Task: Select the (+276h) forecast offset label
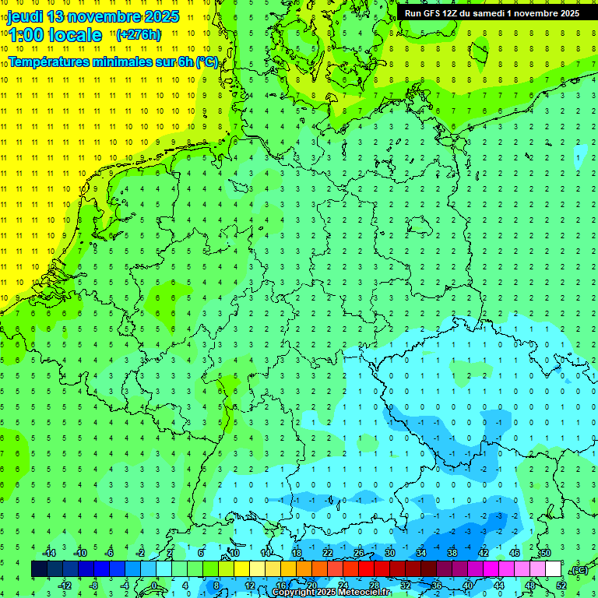coord(139,35)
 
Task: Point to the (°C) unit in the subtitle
coord(206,62)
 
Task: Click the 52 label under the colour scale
coord(561,586)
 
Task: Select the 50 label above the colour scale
coord(545,553)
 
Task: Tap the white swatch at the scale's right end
coord(554,569)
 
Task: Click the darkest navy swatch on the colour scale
coord(39,569)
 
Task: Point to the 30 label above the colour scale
coord(390,553)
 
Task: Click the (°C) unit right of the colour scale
coord(579,570)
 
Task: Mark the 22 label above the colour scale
coord(328,553)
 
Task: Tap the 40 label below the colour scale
coord(467,586)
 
